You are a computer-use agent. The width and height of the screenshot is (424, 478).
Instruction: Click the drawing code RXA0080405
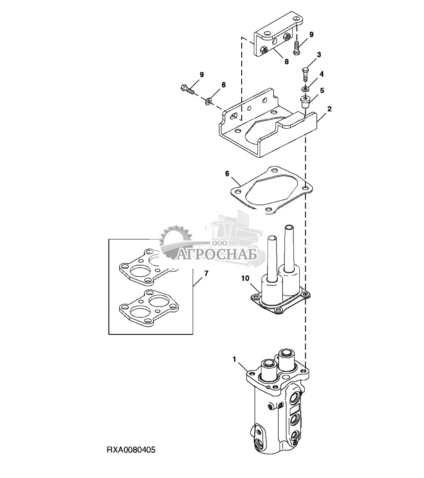pyautogui.click(x=131, y=450)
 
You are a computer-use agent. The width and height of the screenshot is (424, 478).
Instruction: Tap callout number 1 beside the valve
pyautogui.click(x=235, y=360)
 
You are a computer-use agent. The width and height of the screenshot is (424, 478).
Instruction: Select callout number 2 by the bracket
pyautogui.click(x=329, y=109)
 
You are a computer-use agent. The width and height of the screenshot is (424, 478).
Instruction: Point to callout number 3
pyautogui.click(x=319, y=55)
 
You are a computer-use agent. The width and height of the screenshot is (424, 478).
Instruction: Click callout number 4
pyautogui.click(x=321, y=74)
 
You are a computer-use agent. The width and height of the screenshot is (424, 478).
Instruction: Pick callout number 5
pyautogui.click(x=322, y=90)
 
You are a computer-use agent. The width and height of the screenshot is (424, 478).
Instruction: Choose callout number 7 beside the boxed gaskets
pyautogui.click(x=206, y=274)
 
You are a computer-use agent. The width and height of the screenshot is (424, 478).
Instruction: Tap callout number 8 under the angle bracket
pyautogui.click(x=287, y=62)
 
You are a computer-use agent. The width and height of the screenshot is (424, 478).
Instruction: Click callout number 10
pyautogui.click(x=245, y=278)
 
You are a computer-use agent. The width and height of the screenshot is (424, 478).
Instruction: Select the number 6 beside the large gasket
pyautogui.click(x=227, y=173)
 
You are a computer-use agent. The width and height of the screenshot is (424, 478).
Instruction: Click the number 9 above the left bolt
pyautogui.click(x=202, y=74)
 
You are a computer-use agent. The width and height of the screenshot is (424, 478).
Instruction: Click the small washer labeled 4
pyautogui.click(x=305, y=89)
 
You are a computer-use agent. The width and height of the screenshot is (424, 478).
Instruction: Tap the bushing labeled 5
pyautogui.click(x=305, y=101)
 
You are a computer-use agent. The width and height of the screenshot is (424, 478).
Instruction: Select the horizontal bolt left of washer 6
pyautogui.click(x=187, y=90)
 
